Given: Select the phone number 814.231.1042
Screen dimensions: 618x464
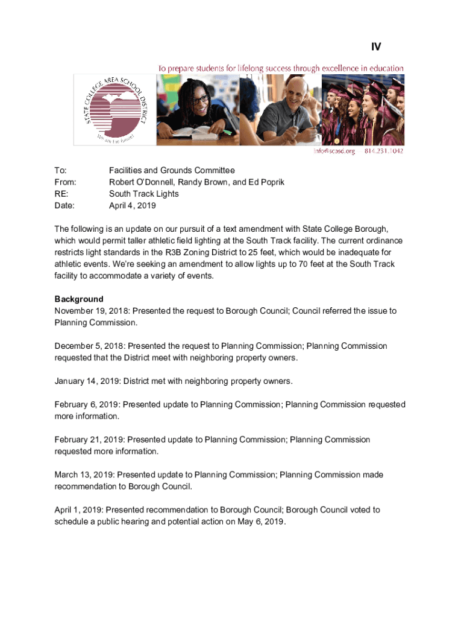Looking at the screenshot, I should point(383,151).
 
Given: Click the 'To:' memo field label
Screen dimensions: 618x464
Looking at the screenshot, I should point(60,171).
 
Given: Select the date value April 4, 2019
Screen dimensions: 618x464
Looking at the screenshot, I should point(132,206).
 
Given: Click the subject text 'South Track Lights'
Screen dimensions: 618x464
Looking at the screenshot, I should point(143,194).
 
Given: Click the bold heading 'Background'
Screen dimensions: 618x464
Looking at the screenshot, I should point(79,299).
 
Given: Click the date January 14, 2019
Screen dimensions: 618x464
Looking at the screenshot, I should point(87,381).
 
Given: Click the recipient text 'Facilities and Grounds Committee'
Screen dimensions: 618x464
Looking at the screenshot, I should point(172,171).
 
